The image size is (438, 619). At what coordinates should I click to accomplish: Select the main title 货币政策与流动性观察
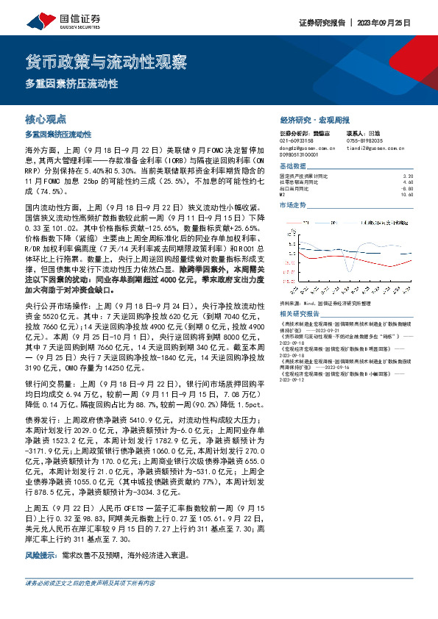coord(106,61)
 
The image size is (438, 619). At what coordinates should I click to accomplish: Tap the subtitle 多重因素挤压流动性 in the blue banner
coord(71,84)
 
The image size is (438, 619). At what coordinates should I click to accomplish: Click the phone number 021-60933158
coord(297,140)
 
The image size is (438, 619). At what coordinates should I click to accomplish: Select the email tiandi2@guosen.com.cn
coord(377,147)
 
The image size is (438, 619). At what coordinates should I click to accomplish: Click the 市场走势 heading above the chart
coord(294,204)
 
